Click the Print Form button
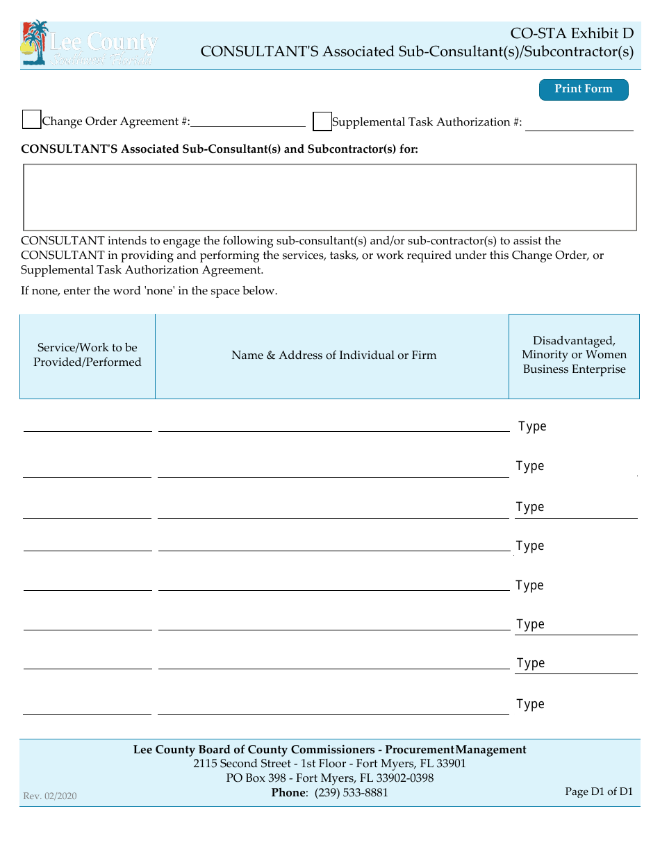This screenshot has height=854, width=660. click(584, 90)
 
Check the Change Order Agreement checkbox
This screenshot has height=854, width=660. click(31, 119)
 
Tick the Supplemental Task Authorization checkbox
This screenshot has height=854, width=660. click(322, 122)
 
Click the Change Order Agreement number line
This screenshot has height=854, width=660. click(248, 122)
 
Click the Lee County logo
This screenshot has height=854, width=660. click(89, 44)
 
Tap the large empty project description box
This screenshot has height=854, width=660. click(330, 197)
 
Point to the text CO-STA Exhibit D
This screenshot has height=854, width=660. click(572, 33)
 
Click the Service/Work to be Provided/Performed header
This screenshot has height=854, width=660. click(88, 355)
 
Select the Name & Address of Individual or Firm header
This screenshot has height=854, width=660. click(334, 355)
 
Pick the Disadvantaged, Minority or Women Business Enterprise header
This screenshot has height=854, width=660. click(575, 355)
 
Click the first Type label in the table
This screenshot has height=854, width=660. click(532, 426)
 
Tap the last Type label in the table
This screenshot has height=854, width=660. click(530, 704)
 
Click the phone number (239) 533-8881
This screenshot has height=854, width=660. click(352, 793)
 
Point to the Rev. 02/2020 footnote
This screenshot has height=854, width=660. click(50, 796)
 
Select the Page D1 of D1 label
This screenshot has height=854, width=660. click(599, 792)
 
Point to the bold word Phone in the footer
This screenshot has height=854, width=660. click(288, 793)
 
